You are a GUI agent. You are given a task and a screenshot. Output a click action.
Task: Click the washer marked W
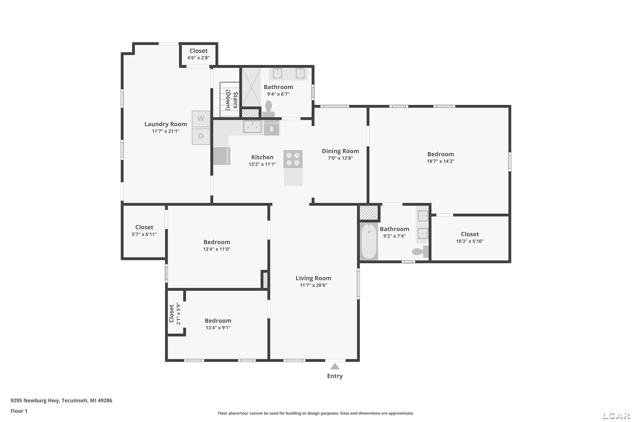coord(201,119)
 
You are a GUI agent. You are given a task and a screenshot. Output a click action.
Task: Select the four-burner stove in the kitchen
coord(293,159)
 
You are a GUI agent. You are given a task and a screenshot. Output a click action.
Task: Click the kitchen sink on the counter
coord(253,126)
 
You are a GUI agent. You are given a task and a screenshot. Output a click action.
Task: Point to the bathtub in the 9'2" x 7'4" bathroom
coord(369,241)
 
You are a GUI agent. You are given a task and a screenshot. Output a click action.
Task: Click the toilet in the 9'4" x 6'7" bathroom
coord(268,109)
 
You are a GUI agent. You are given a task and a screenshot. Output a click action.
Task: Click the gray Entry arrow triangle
coord(335,366)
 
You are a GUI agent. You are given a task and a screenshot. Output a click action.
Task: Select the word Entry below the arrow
coord(335,376)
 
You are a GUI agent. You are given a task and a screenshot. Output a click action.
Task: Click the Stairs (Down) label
coord(232,100)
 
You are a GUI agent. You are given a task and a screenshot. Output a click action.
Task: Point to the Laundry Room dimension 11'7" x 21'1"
coord(166,131)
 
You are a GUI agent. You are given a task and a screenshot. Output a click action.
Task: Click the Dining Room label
coord(340,151)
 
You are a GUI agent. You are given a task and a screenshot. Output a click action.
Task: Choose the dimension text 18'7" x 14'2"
coord(441,161)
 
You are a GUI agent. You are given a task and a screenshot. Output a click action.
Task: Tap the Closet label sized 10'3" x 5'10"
coord(470,234)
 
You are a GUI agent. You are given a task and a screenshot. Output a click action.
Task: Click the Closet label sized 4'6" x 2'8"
coord(199,51)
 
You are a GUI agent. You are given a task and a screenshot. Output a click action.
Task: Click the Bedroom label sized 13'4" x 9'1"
coord(218,321)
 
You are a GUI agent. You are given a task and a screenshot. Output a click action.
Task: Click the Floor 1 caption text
coord(19,411)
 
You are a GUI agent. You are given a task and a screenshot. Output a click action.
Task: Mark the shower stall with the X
coord(252,87)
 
